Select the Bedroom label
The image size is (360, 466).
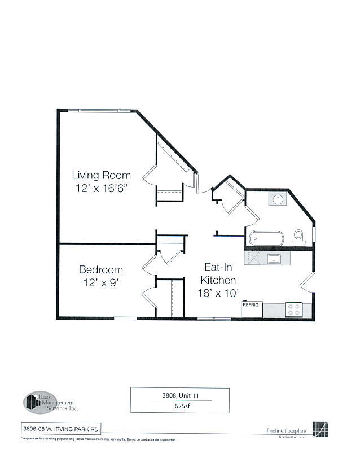(x=101, y=269)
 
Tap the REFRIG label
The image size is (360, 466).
(x=251, y=305)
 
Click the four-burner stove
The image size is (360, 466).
(x=294, y=309)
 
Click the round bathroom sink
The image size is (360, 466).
(x=278, y=199)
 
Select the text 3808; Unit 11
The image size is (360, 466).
(x=179, y=395)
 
